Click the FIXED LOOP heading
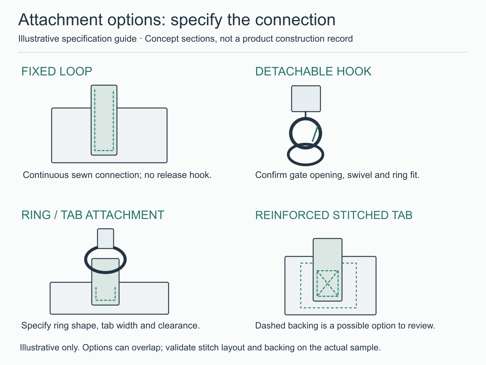pos(57,71)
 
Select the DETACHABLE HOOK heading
pos(313,71)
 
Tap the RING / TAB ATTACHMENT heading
pos(93,215)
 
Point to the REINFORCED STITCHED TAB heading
pos(334,215)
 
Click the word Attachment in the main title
pos(60,20)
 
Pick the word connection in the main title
pos(295,20)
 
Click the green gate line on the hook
pos(315,134)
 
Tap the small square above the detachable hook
pos(306,99)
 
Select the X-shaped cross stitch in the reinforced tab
pos(327,283)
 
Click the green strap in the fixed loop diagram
pos(104,120)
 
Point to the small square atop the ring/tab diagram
pos(106,238)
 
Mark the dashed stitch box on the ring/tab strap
pos(106,294)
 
